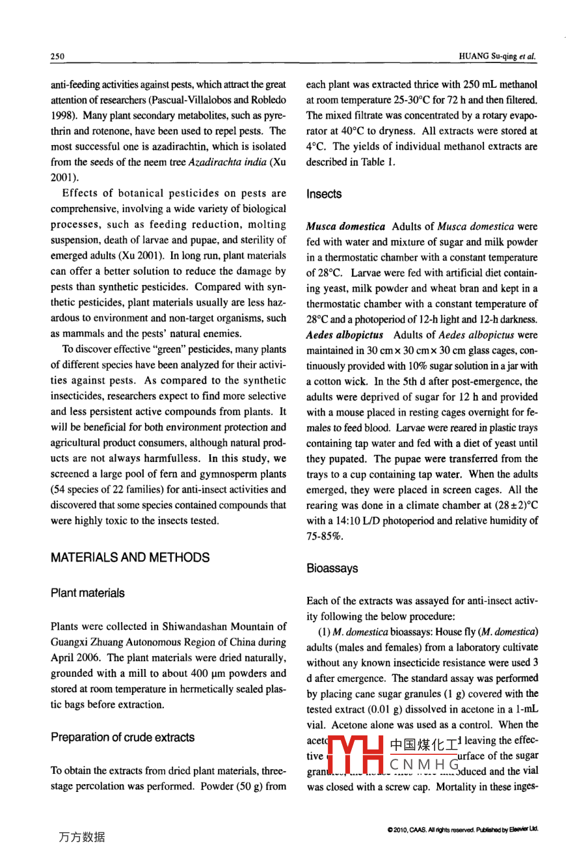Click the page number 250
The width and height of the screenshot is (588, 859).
(57, 57)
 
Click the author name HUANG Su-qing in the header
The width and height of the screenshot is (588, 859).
(488, 57)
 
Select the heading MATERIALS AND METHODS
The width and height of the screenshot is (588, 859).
(130, 558)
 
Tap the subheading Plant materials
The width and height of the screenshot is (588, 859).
(87, 593)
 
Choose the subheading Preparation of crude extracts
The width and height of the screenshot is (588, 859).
(122, 737)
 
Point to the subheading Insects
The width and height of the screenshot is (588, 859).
(323, 194)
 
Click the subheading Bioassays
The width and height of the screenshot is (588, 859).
(332, 568)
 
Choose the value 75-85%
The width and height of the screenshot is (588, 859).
(324, 537)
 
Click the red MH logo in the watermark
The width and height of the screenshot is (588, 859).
(354, 756)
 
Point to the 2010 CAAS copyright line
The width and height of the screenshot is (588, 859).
(462, 830)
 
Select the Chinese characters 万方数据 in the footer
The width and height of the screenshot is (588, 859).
(81, 837)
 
